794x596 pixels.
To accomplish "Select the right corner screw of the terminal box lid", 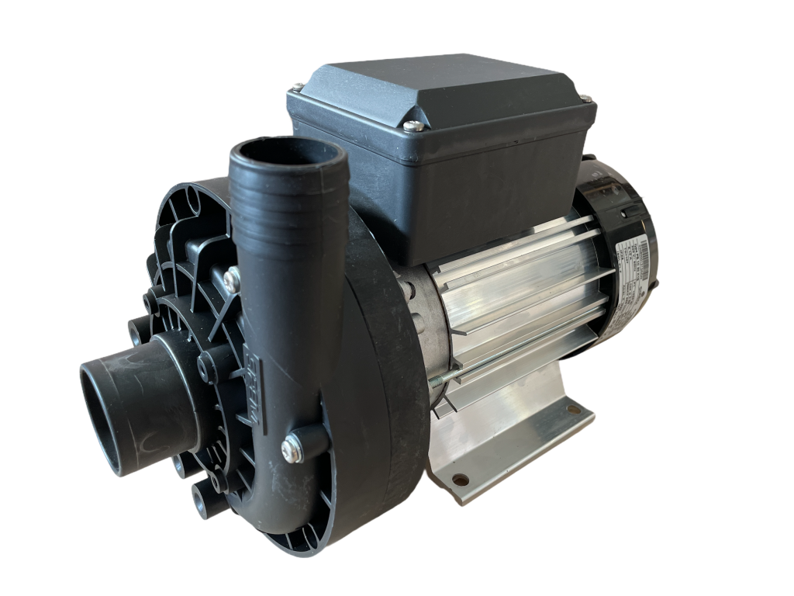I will pyautogui.click(x=585, y=99).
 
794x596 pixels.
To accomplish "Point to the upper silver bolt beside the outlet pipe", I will pyautogui.click(x=231, y=275).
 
